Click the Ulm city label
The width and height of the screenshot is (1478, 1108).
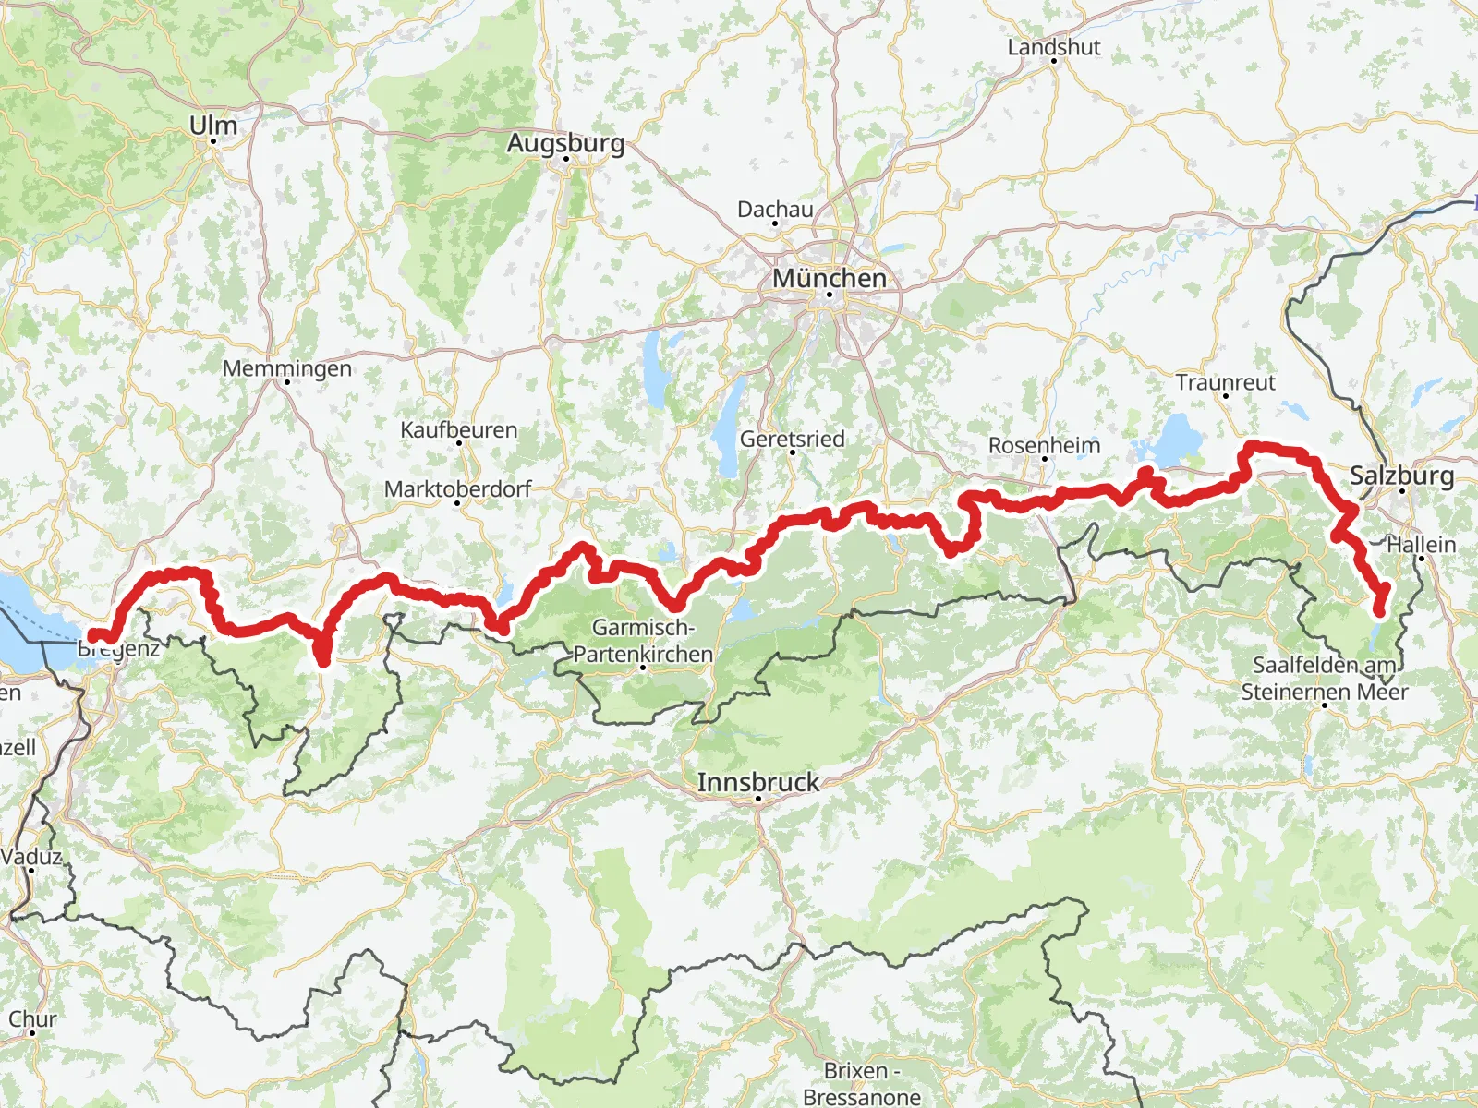[x=213, y=126]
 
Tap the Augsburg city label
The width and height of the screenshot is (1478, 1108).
[x=565, y=143]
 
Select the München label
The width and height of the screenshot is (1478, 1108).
[x=829, y=278]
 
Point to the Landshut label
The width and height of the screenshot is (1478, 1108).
[x=1053, y=47]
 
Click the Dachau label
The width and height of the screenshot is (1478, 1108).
[x=775, y=210]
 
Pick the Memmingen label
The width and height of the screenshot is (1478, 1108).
[x=287, y=368]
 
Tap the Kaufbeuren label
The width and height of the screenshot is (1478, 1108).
[x=458, y=429]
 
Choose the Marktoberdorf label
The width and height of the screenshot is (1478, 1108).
[x=457, y=488]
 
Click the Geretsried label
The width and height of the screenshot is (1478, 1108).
[x=792, y=439]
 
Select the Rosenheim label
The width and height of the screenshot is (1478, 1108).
[x=1044, y=445]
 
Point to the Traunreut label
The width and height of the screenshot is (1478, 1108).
[x=1225, y=382]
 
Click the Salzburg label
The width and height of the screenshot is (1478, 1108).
[x=1401, y=476]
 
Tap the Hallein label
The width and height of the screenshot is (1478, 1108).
[x=1421, y=545]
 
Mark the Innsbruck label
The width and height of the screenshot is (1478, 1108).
[x=757, y=782]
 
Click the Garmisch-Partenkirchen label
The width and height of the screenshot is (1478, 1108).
[x=643, y=641]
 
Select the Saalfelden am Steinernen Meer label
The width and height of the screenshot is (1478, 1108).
[x=1324, y=678]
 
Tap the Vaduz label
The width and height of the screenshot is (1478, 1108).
[x=30, y=856]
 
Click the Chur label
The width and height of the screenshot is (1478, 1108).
[x=32, y=1019]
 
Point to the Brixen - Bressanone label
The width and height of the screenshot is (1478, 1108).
[x=861, y=1083]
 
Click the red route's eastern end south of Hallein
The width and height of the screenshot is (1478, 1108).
[x=1380, y=610]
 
